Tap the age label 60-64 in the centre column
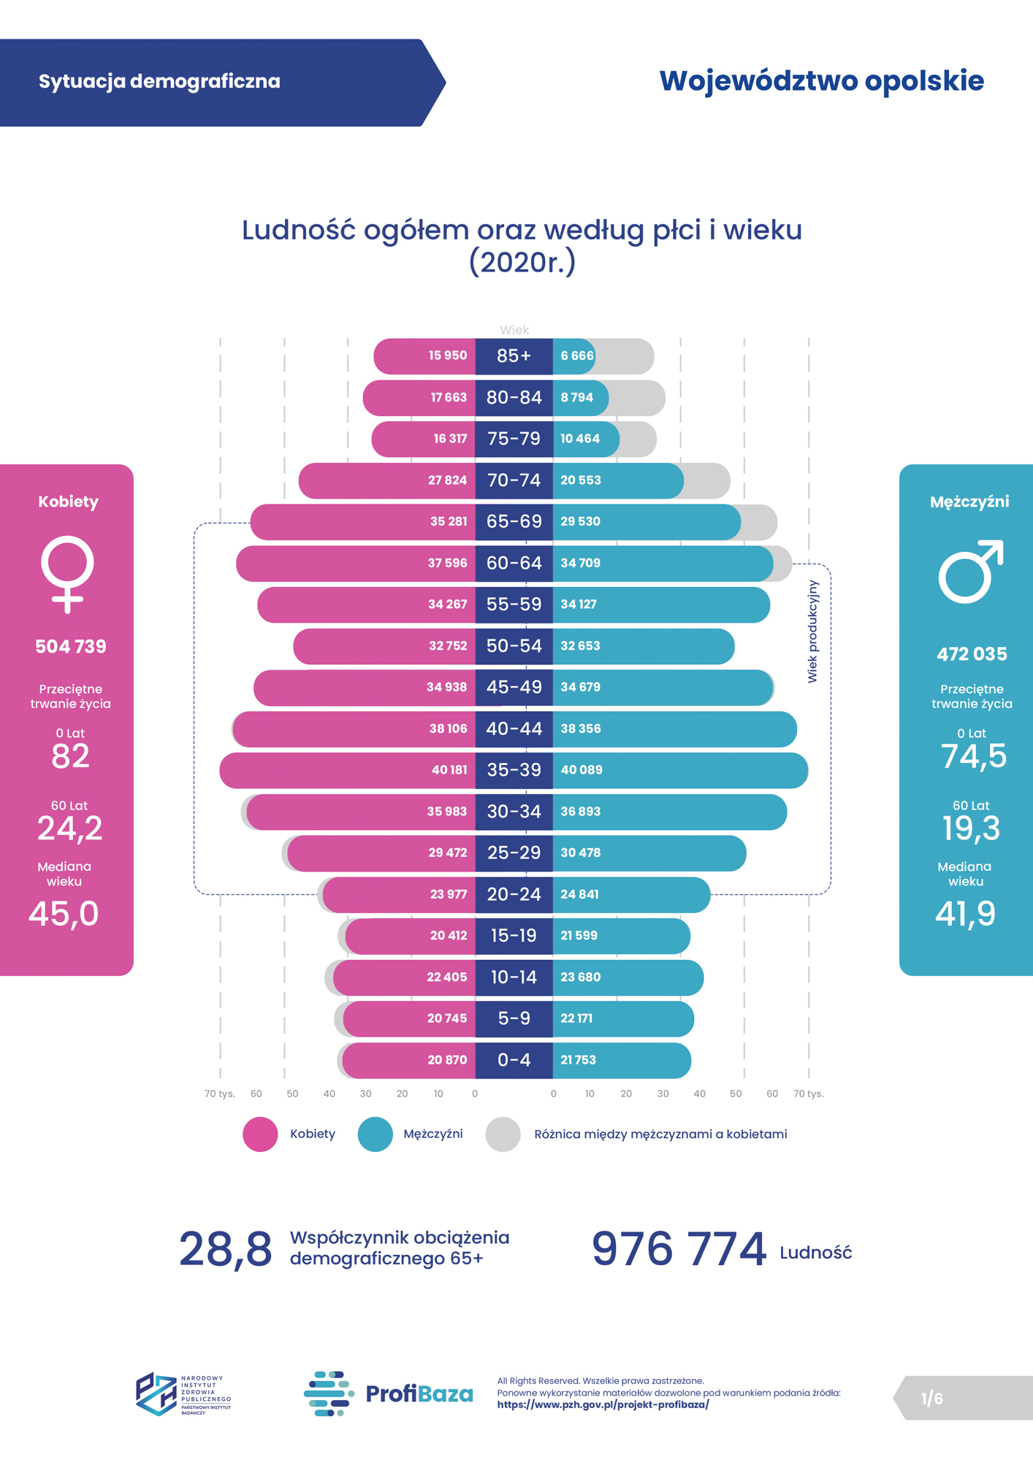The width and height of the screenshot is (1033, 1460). coord(514,563)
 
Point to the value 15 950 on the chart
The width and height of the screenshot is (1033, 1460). coord(447,356)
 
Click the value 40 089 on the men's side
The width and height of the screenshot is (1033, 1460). coord(582,770)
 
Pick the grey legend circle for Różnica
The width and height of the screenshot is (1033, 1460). coord(503,1134)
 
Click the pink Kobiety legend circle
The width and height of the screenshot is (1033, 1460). coord(260,1134)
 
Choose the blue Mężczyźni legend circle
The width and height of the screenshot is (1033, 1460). coord(375,1134)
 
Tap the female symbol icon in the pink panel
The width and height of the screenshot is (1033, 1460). coord(67,574)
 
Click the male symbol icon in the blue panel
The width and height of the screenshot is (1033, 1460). coord(970,572)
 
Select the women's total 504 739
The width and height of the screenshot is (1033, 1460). coord(71,647)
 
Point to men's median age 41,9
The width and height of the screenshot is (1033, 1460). coord(965,914)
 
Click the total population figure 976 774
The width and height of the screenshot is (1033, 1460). coord(679,1250)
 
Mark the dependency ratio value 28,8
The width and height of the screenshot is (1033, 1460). coord(225,1250)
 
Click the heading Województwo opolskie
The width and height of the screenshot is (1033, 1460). coord(821,81)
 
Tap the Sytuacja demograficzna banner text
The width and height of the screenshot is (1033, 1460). coord(159,81)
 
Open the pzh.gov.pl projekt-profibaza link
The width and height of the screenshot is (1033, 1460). coord(603,1405)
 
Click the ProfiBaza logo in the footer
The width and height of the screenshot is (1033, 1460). coord(388,1394)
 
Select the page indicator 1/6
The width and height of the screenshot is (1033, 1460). coord(931,1399)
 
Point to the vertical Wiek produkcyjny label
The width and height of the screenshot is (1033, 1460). coord(812,631)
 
